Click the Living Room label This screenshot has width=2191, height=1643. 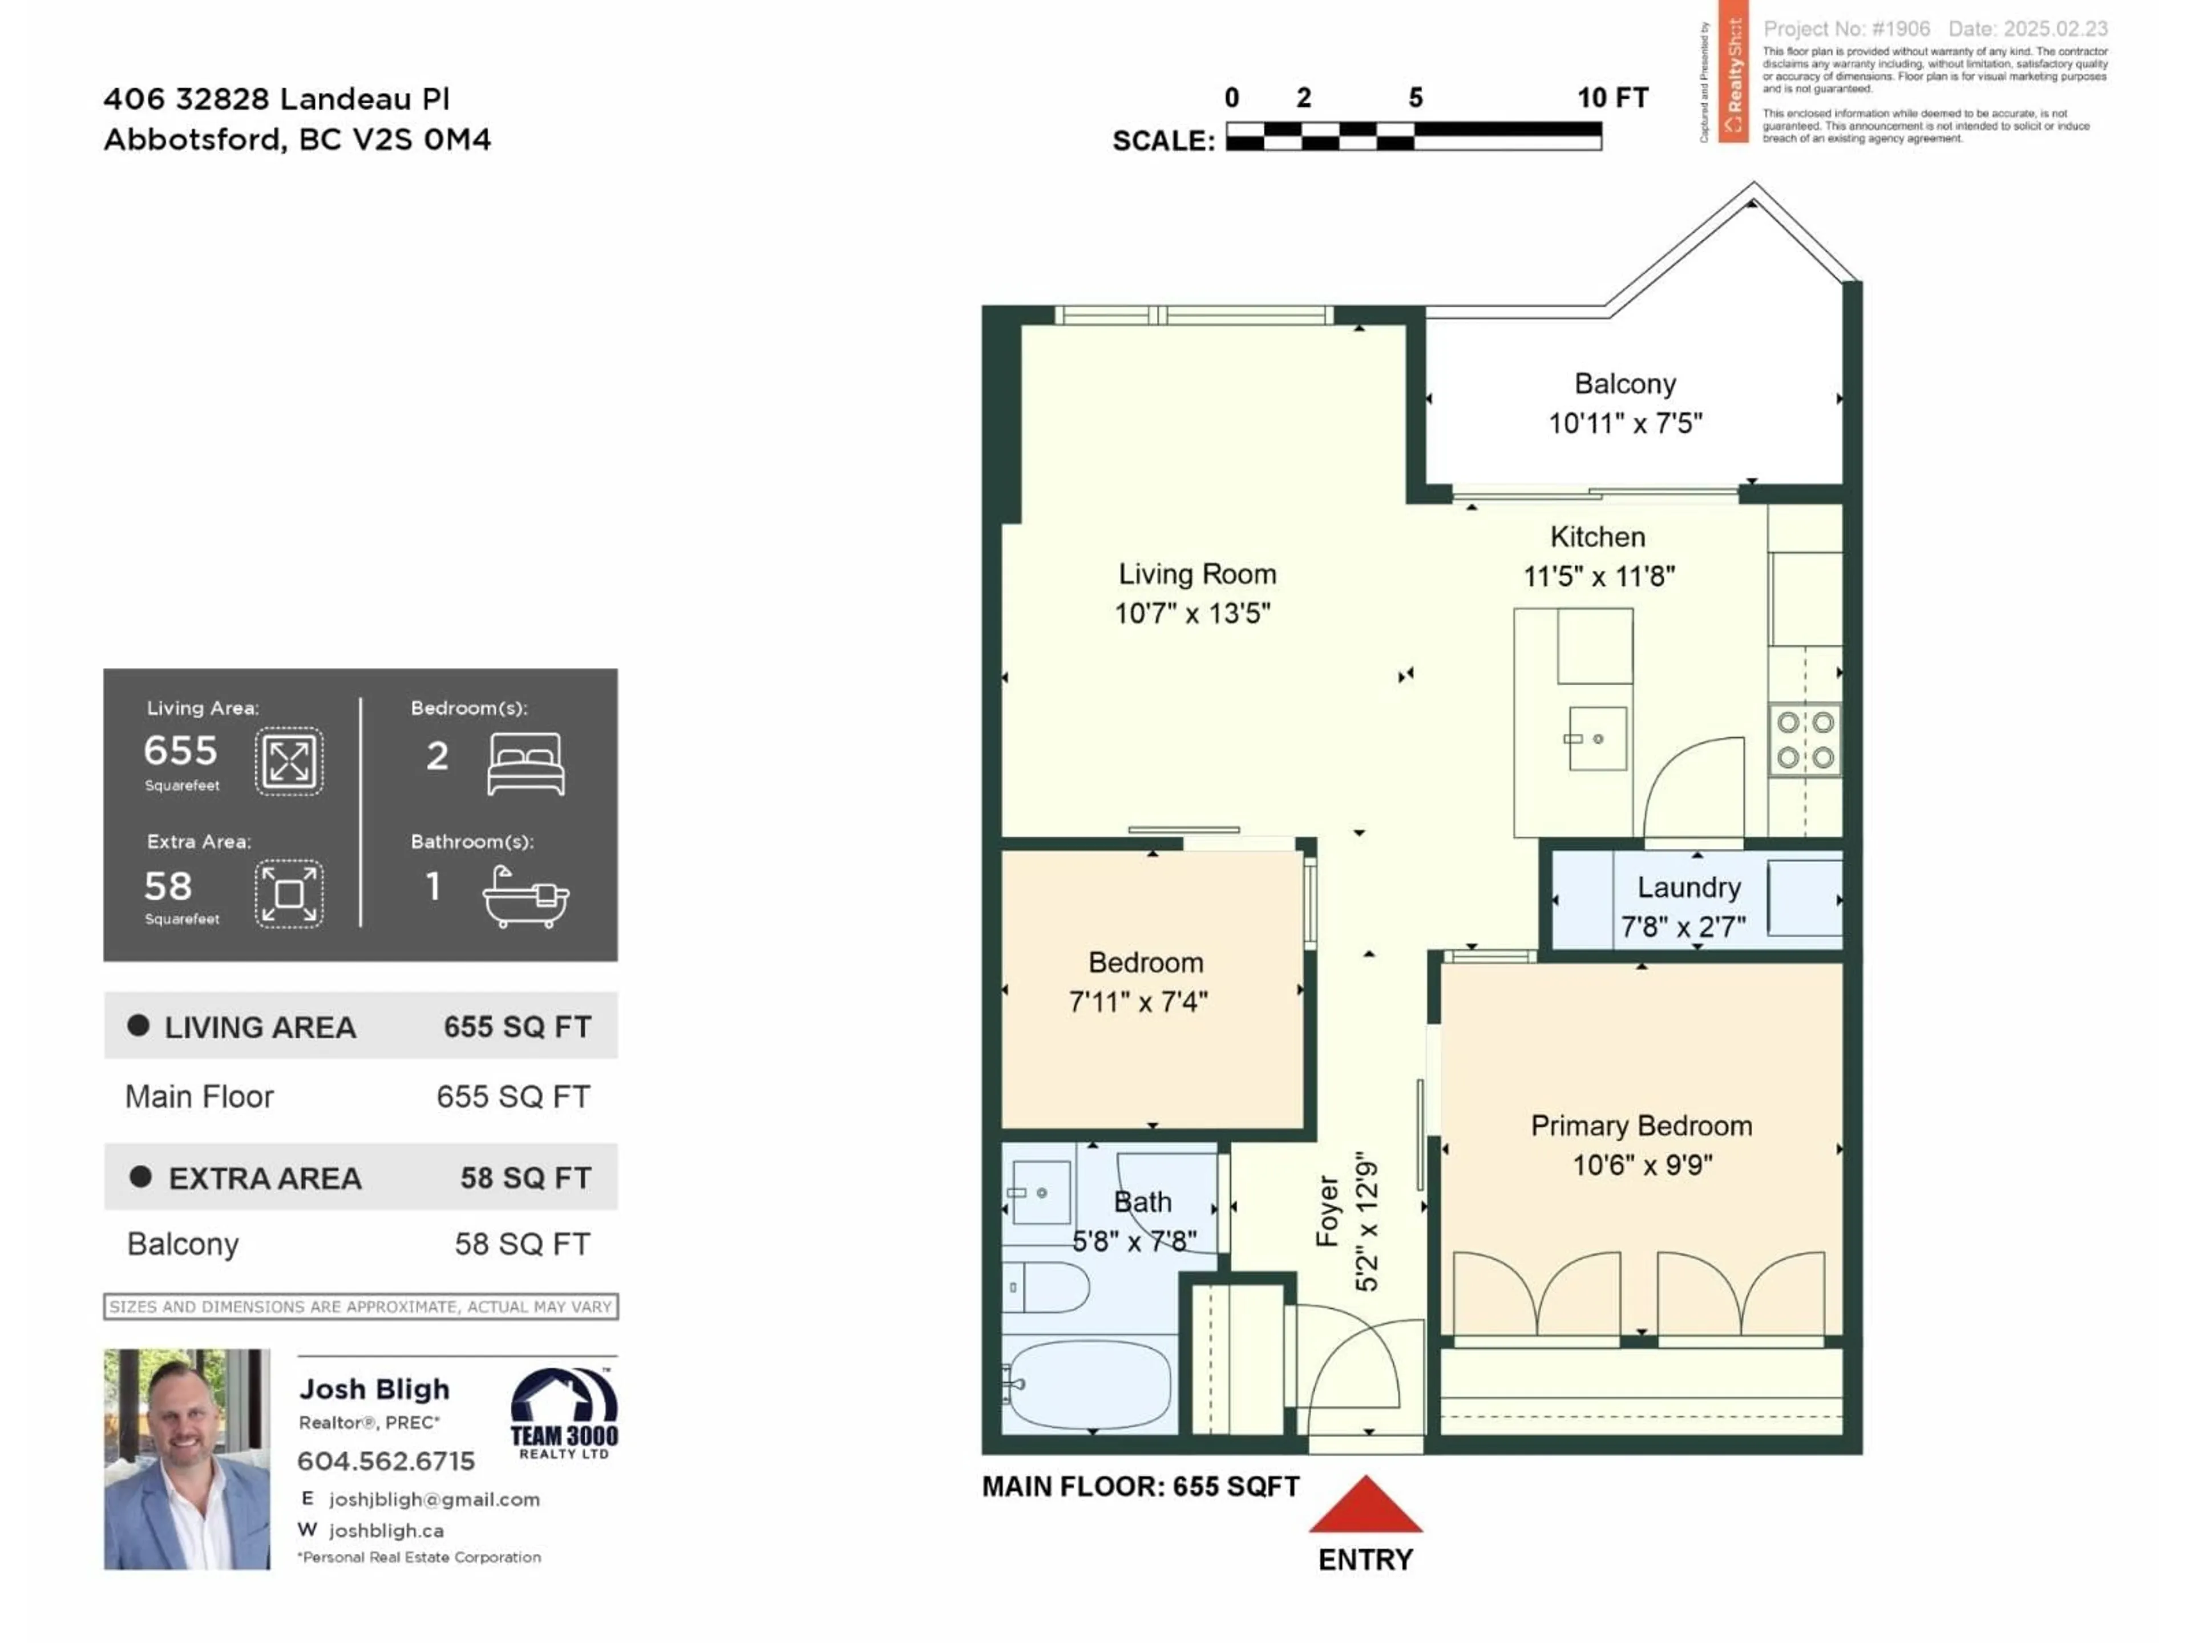(x=1196, y=574)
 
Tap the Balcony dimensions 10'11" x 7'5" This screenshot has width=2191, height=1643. (x=1624, y=424)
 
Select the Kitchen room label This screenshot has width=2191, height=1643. (x=1596, y=537)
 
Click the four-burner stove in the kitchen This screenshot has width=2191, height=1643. (x=1805, y=740)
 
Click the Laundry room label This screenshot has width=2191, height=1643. (x=1688, y=887)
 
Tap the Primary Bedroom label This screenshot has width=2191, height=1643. (x=1640, y=1126)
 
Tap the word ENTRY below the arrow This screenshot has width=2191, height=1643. (x=1365, y=1560)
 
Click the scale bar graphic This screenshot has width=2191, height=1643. (x=1413, y=136)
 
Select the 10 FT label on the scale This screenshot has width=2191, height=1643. (x=1611, y=98)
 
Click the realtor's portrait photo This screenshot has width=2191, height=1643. (x=186, y=1459)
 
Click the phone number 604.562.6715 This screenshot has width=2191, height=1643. (x=385, y=1461)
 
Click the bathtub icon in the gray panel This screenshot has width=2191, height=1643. (x=525, y=896)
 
